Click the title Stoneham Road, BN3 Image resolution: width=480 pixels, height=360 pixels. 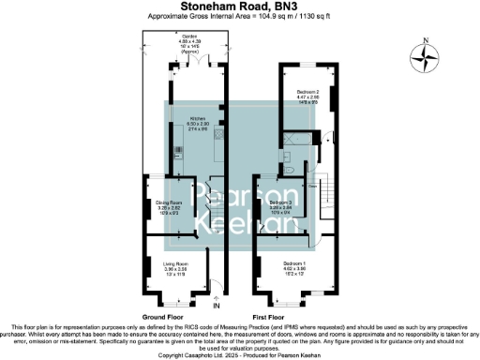pos(239,7)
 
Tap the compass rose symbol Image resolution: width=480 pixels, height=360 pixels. pos(429,59)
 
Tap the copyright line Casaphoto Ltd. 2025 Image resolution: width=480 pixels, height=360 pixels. pos(239,355)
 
